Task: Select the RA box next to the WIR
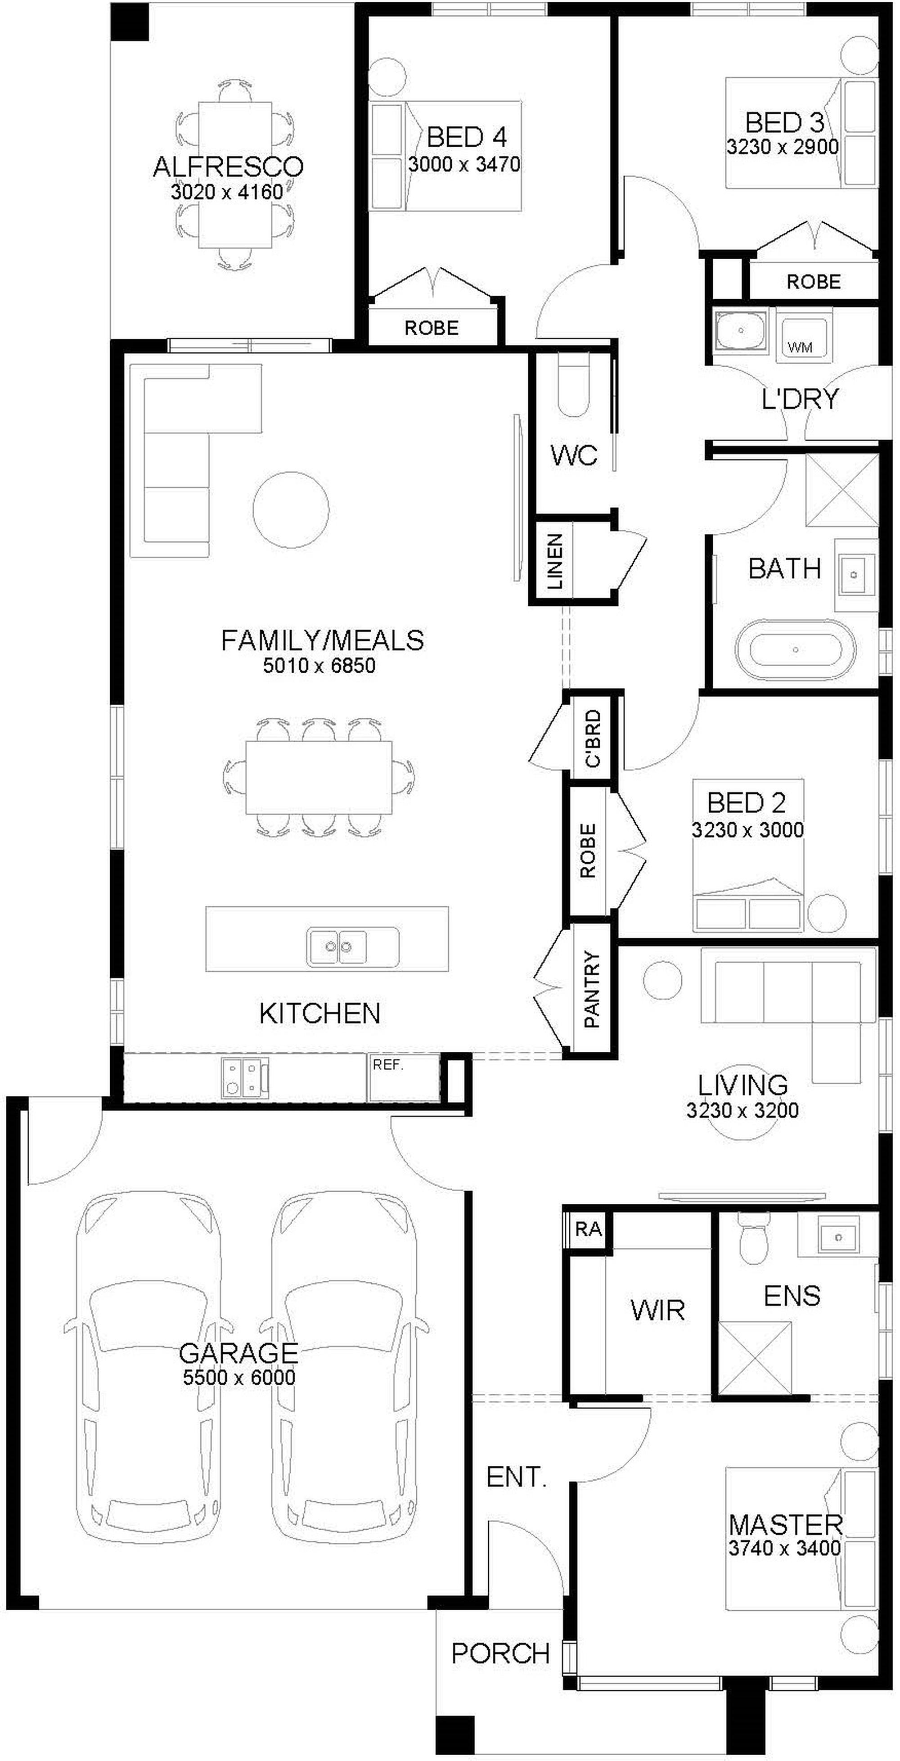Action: [588, 1229]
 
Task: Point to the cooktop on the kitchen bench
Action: [244, 1077]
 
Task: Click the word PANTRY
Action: [592, 989]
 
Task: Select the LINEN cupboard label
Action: [555, 562]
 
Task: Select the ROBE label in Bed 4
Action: [431, 328]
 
